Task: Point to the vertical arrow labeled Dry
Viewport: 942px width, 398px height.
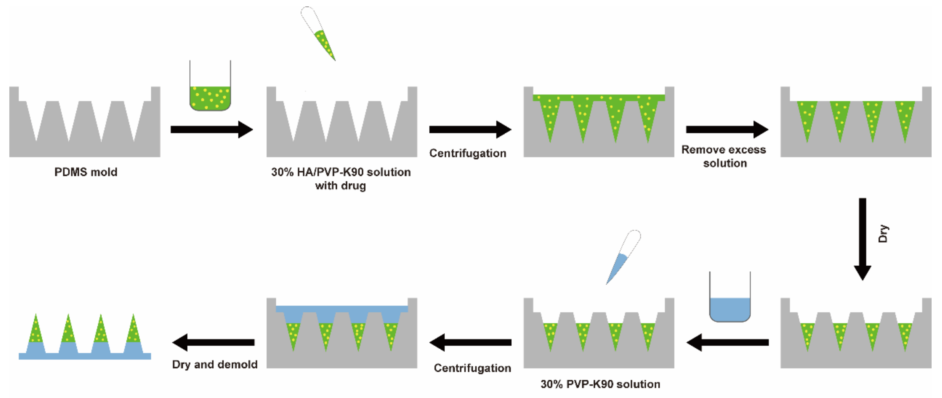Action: click(862, 238)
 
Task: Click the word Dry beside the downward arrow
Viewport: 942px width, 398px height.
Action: click(883, 234)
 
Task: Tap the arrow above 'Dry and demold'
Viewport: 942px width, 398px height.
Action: click(214, 342)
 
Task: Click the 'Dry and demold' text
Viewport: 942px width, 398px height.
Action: click(215, 364)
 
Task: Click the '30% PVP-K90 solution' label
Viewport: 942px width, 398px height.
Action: click(600, 384)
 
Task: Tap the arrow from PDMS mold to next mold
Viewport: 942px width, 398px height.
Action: click(211, 129)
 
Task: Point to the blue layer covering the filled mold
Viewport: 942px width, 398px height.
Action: click(341, 309)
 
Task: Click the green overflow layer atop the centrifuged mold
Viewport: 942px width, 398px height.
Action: click(599, 97)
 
